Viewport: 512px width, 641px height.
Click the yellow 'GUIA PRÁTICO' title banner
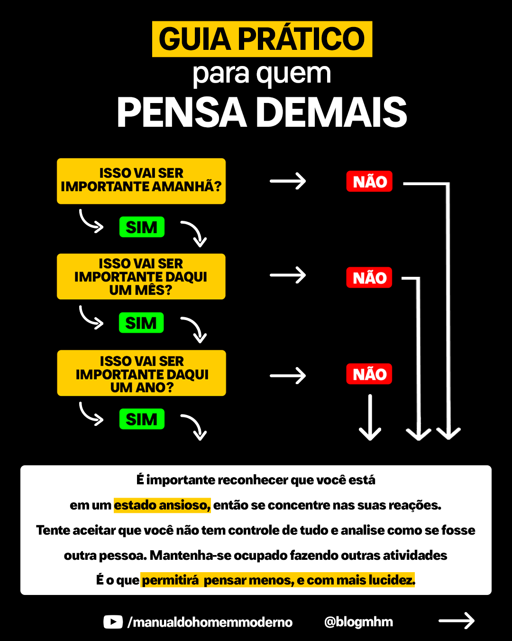(x=262, y=39)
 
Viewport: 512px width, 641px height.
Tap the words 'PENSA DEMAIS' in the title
(x=262, y=113)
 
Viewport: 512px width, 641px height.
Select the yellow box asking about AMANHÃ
(x=141, y=181)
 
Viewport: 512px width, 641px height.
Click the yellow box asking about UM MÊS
(x=141, y=276)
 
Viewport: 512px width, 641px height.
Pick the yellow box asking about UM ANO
(x=141, y=373)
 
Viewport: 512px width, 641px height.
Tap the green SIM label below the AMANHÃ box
(x=142, y=227)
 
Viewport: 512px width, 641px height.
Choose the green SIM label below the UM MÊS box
(x=141, y=323)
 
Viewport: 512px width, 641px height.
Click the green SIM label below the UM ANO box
(x=142, y=419)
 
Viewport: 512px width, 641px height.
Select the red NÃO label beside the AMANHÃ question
(x=369, y=181)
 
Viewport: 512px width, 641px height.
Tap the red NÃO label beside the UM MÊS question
(x=369, y=278)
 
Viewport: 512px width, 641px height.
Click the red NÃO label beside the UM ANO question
(x=369, y=374)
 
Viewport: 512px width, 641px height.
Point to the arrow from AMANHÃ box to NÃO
(x=288, y=181)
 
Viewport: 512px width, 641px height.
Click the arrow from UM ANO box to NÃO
(x=288, y=376)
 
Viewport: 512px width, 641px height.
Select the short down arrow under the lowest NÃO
(x=370, y=418)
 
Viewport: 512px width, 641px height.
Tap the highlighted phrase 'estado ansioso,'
(x=162, y=505)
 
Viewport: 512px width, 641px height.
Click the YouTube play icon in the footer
(x=113, y=622)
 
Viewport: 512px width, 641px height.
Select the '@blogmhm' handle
(x=358, y=622)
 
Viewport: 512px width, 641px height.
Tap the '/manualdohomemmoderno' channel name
(x=210, y=622)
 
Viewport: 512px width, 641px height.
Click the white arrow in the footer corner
(x=456, y=621)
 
